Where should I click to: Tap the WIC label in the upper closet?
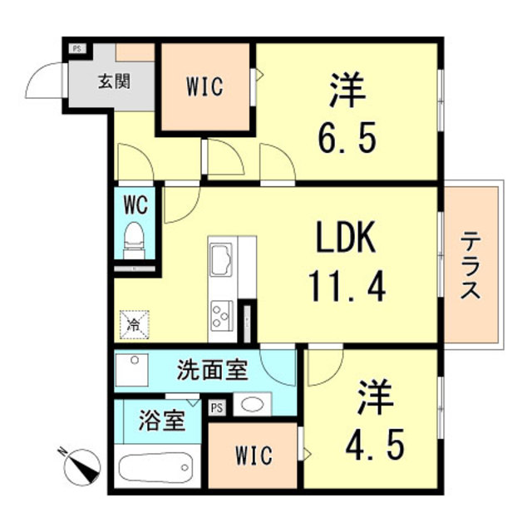[204, 86]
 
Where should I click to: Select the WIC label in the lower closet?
[254, 456]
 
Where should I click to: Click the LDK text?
[345, 242]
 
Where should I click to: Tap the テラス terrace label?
[471, 265]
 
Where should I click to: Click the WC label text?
[134, 203]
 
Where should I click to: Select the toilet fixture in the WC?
[133, 239]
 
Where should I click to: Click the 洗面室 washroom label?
[213, 370]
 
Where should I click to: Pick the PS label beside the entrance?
[76, 48]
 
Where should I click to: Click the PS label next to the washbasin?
[218, 407]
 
